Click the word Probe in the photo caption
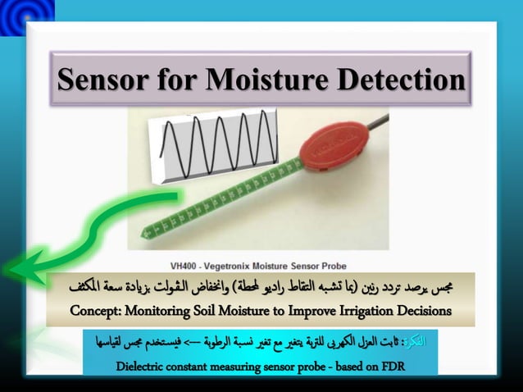(x=330, y=266)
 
